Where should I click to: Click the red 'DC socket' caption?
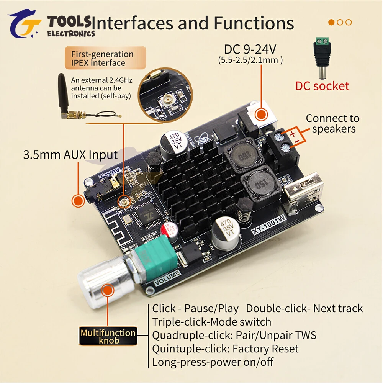pyautogui.click(x=322, y=85)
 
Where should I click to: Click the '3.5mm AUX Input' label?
pyautogui.click(x=70, y=155)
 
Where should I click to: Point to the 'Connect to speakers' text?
pyautogui.click(x=333, y=123)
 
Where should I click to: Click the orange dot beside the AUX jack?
pyautogui.click(x=78, y=201)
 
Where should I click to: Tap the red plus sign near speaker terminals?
pyautogui.click(x=293, y=134)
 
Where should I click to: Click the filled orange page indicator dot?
pyautogui.click(x=332, y=22)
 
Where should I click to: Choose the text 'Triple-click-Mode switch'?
pyautogui.click(x=211, y=322)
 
